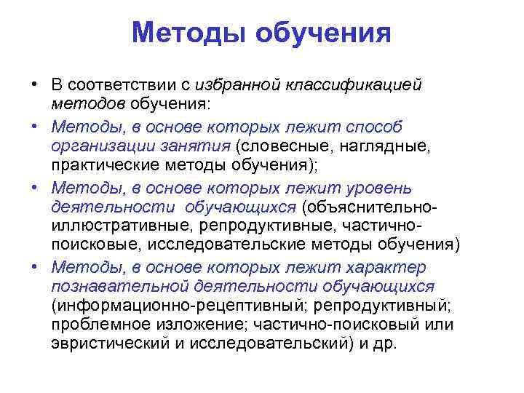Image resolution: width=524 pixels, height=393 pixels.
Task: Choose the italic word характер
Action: tap(390, 267)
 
